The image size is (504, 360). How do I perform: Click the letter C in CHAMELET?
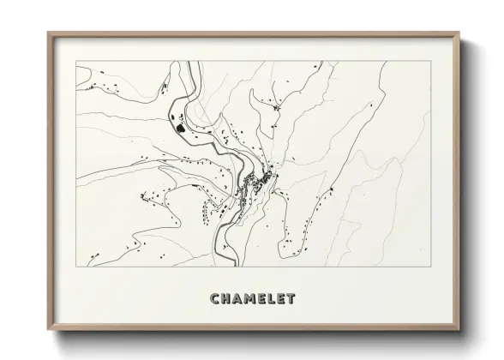click(x=215, y=299)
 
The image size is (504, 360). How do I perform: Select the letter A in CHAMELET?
click(x=238, y=299)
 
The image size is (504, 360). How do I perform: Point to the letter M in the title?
click(x=251, y=299)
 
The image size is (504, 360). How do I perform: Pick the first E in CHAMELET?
click(x=263, y=299)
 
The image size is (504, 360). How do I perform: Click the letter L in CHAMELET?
click(x=273, y=299)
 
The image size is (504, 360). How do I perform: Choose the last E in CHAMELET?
click(x=282, y=299)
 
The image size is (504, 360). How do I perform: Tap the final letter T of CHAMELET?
click(x=291, y=299)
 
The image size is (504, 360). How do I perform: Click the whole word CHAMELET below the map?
click(x=253, y=299)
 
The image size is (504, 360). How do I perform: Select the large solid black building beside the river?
click(x=180, y=129)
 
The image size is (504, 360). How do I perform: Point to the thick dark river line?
click(x=225, y=154)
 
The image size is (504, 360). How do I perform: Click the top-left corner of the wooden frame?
click(x=48, y=33)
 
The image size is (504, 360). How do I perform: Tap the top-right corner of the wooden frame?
click(x=459, y=33)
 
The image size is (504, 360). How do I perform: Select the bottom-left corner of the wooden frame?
click(x=48, y=330)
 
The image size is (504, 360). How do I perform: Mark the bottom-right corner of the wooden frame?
click(x=459, y=330)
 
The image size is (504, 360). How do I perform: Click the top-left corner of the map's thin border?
click(x=76, y=61)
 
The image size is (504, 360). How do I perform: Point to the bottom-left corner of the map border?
click(x=76, y=267)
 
